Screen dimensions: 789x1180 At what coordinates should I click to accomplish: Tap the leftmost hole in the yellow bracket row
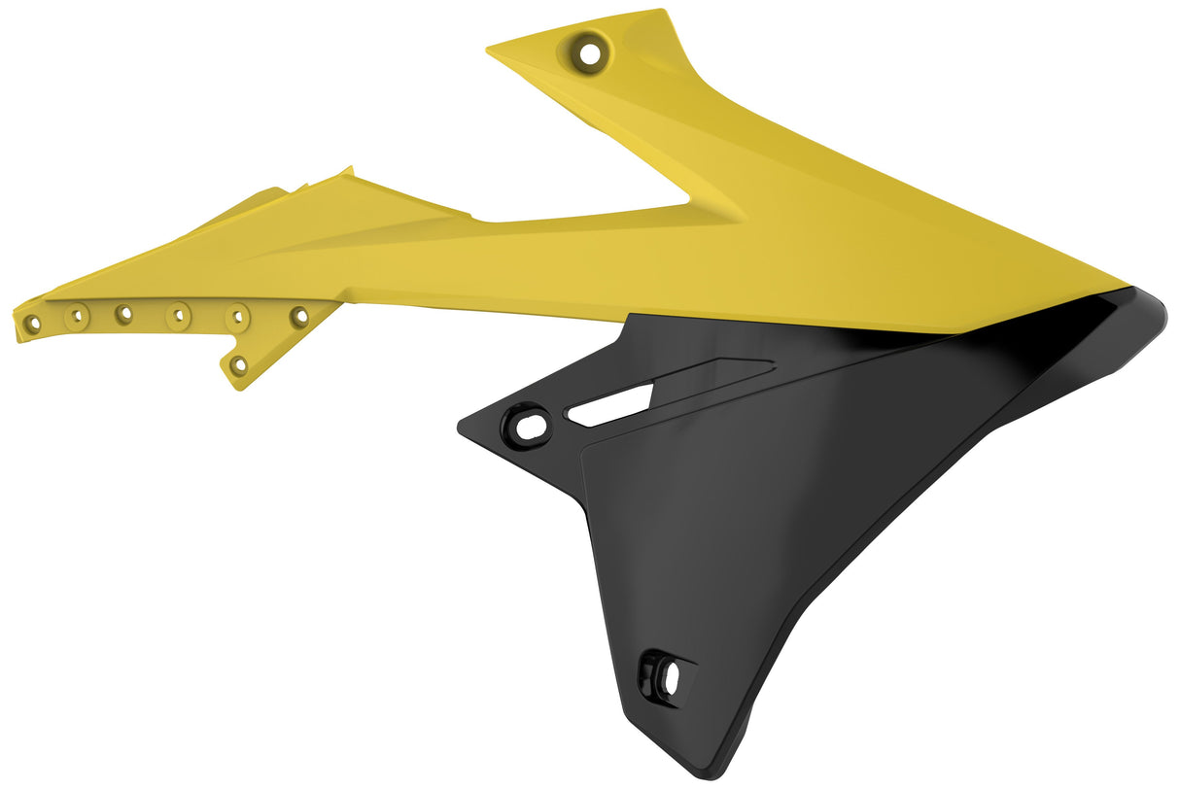click(33, 323)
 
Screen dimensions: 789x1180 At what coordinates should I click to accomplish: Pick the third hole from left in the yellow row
click(124, 314)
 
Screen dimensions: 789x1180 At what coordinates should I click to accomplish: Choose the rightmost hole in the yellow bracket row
click(299, 316)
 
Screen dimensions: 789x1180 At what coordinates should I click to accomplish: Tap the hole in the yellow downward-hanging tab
click(238, 365)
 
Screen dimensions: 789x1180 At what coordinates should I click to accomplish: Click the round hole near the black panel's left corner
click(528, 425)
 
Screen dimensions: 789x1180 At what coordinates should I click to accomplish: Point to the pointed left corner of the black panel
click(460, 426)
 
